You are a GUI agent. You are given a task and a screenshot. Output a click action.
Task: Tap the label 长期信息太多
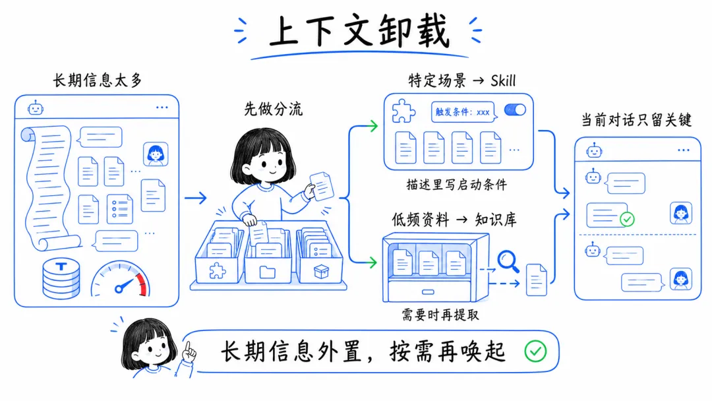point(97,80)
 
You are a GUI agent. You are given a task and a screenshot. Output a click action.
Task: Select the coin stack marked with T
point(61,278)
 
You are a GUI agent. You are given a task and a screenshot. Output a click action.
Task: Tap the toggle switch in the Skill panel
point(514,110)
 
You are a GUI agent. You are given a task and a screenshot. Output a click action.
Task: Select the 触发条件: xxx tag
point(462,111)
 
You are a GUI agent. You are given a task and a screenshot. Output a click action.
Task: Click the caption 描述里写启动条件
point(456,184)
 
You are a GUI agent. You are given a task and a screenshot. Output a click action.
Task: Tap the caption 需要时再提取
point(440,315)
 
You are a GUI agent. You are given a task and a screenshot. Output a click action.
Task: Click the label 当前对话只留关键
point(636,119)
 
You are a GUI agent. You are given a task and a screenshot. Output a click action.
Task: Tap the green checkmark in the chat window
point(627,218)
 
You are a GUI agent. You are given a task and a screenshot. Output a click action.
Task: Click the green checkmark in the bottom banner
point(535,352)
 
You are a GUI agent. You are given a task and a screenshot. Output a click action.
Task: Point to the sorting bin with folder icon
point(268,261)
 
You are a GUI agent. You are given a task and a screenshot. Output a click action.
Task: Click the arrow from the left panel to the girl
point(195,197)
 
